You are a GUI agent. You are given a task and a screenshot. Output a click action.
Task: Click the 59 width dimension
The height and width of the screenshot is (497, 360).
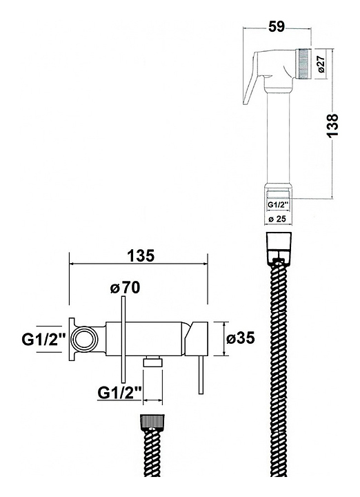point(277,26)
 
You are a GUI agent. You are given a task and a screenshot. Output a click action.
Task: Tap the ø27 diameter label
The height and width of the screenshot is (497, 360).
point(321,64)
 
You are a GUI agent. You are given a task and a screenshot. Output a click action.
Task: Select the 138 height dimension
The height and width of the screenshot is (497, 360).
point(333,125)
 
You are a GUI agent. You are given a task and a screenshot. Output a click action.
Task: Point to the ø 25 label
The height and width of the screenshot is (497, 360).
point(277,219)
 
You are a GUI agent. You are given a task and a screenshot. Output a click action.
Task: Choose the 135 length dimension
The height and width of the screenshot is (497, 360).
point(141,255)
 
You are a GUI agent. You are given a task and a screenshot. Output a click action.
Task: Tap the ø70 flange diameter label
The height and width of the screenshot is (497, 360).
point(125,288)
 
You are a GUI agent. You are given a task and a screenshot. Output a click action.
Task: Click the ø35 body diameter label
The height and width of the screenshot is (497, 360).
point(241,338)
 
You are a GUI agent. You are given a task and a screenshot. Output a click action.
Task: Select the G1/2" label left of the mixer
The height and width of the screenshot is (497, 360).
point(43,340)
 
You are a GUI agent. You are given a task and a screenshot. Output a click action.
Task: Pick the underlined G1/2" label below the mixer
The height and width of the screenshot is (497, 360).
point(119,393)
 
